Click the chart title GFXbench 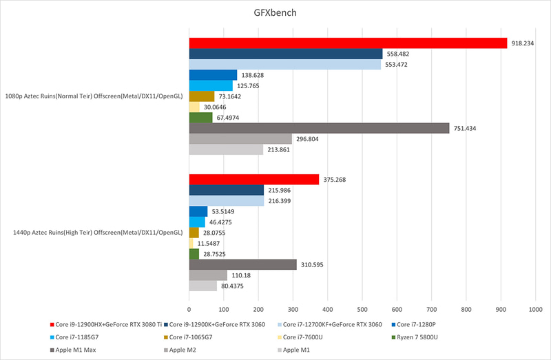[x=275, y=14]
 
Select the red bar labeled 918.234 [x=348, y=43]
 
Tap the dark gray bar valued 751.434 [x=319, y=128]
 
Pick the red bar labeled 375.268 [x=254, y=180]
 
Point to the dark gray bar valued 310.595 [x=243, y=264]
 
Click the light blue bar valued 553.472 [x=285, y=65]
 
